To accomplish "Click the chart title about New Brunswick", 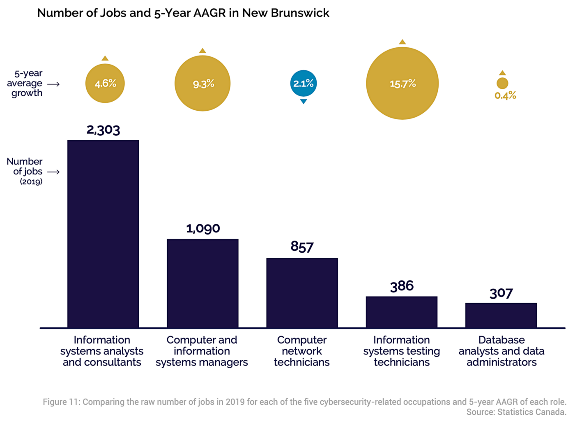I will pyautogui.click(x=183, y=13).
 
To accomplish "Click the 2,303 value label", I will pyautogui.click(x=103, y=130).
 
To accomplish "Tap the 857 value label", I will pyautogui.click(x=302, y=247).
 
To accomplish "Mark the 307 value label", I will pyautogui.click(x=501, y=293).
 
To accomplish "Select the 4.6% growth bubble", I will pyautogui.click(x=105, y=84).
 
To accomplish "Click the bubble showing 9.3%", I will pyautogui.click(x=202, y=84).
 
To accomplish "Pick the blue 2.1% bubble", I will pyautogui.click(x=304, y=83).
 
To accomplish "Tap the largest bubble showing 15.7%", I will pyautogui.click(x=402, y=84).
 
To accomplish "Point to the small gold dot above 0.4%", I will pyautogui.click(x=502, y=83).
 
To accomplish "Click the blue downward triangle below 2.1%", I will pyautogui.click(x=304, y=101).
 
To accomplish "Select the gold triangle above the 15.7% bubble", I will pyautogui.click(x=402, y=42).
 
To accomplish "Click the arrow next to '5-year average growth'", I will pyautogui.click(x=53, y=84).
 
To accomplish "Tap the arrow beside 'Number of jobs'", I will pyautogui.click(x=53, y=172).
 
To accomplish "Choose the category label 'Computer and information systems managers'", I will pyautogui.click(x=202, y=351).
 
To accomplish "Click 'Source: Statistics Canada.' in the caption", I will pyautogui.click(x=516, y=412).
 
